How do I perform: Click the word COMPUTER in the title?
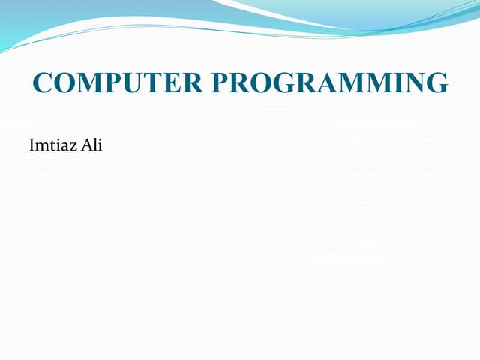(x=118, y=82)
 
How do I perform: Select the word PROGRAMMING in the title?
(x=329, y=82)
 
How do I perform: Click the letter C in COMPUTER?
(x=43, y=82)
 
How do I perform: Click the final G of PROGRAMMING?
(x=436, y=82)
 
